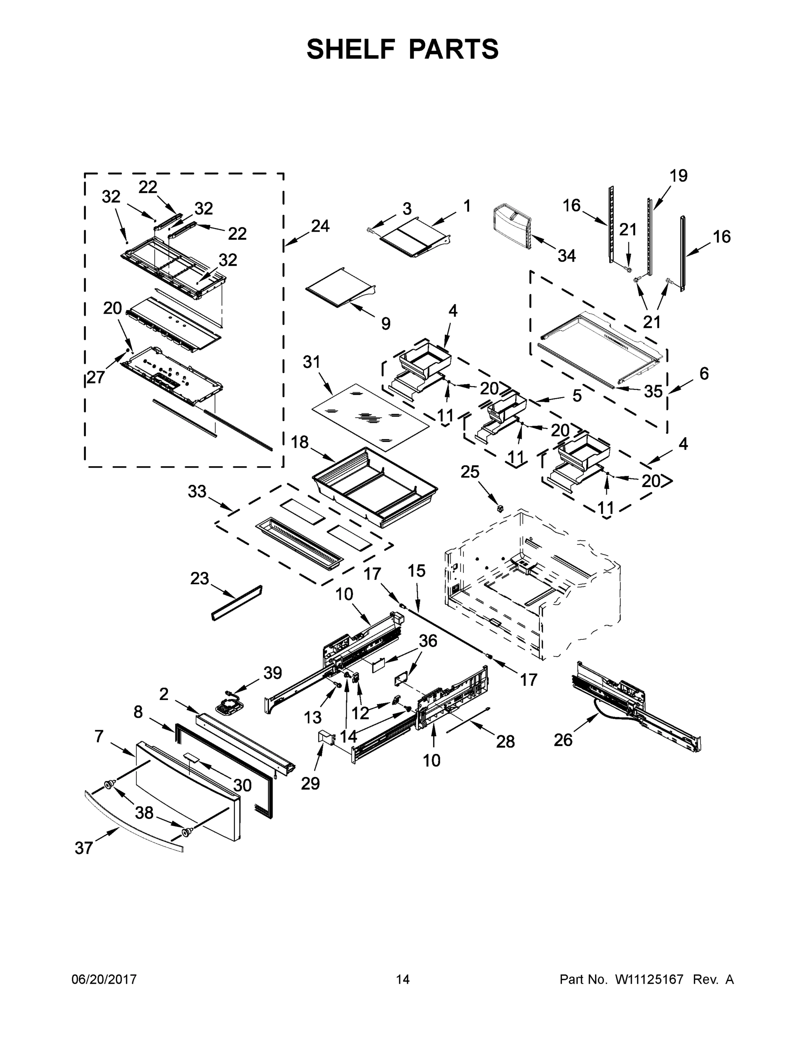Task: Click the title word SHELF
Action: [351, 49]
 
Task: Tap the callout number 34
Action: [567, 256]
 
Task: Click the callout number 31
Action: [312, 362]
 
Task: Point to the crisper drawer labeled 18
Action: [375, 487]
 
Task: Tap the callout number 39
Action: [273, 673]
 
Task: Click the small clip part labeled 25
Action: [500, 509]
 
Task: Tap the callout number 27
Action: [95, 377]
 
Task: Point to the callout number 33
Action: [197, 491]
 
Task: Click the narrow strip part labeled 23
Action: [237, 603]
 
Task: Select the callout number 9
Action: [386, 324]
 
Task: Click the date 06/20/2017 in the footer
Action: [104, 979]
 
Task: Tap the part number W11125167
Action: [649, 979]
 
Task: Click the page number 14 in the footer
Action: [403, 979]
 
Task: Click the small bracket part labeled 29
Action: [326, 737]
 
